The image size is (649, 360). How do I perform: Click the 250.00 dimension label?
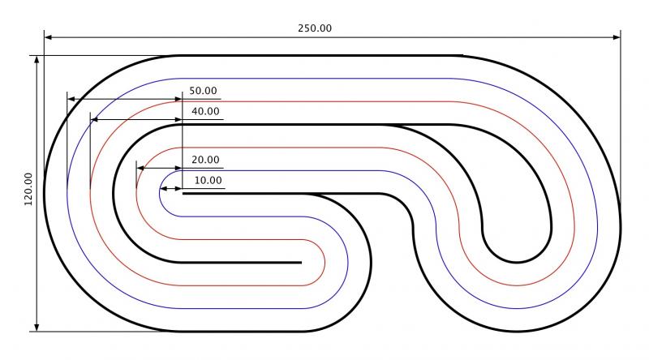point(315,28)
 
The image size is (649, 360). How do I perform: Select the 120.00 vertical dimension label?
point(29,191)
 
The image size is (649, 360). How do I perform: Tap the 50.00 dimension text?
point(204,91)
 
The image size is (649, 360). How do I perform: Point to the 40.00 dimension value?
point(205,111)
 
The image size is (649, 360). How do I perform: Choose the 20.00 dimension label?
point(205,160)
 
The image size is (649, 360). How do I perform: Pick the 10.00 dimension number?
point(208,180)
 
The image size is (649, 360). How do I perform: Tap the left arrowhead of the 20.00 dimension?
point(140,168)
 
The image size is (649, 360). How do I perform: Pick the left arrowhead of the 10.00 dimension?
point(164,188)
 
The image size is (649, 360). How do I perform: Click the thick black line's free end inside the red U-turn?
point(300,263)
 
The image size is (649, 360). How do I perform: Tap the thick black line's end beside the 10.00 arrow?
point(185,194)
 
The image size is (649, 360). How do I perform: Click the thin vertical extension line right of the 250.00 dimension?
point(621,122)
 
